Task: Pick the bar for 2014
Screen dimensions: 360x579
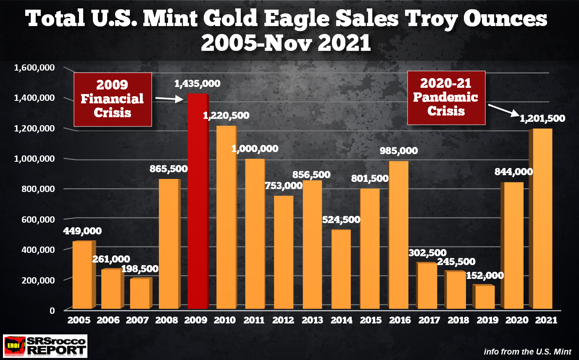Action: [x=341, y=269]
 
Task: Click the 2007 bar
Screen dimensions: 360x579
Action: [x=140, y=294]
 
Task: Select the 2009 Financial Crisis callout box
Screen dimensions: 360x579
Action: [x=113, y=99]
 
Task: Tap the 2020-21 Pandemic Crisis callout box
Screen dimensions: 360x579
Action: [x=446, y=97]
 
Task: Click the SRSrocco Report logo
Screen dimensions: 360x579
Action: [x=45, y=345]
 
